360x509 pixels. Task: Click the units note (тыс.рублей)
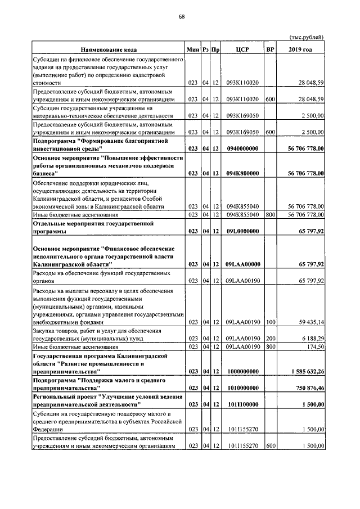coord(307,38)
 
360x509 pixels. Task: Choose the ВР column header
coord(270,49)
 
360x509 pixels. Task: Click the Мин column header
coord(193,49)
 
